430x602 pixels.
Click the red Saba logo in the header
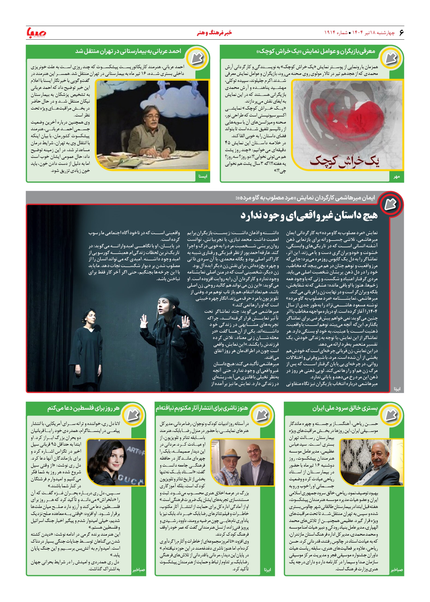(x=36, y=33)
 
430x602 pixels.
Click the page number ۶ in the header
(x=401, y=33)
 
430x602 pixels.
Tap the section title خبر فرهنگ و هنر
(x=214, y=33)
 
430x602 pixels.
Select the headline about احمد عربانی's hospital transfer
(x=128, y=52)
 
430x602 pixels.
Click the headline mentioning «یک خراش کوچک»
(x=316, y=52)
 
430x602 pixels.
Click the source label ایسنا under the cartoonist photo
(x=203, y=176)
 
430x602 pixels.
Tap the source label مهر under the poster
(x=397, y=176)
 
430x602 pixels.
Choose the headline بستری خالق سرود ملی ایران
(x=345, y=408)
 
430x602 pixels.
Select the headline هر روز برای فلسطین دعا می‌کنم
(x=84, y=408)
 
